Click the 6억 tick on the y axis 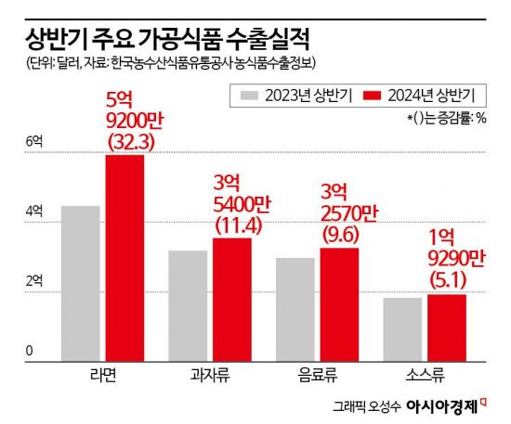(x=34, y=141)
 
